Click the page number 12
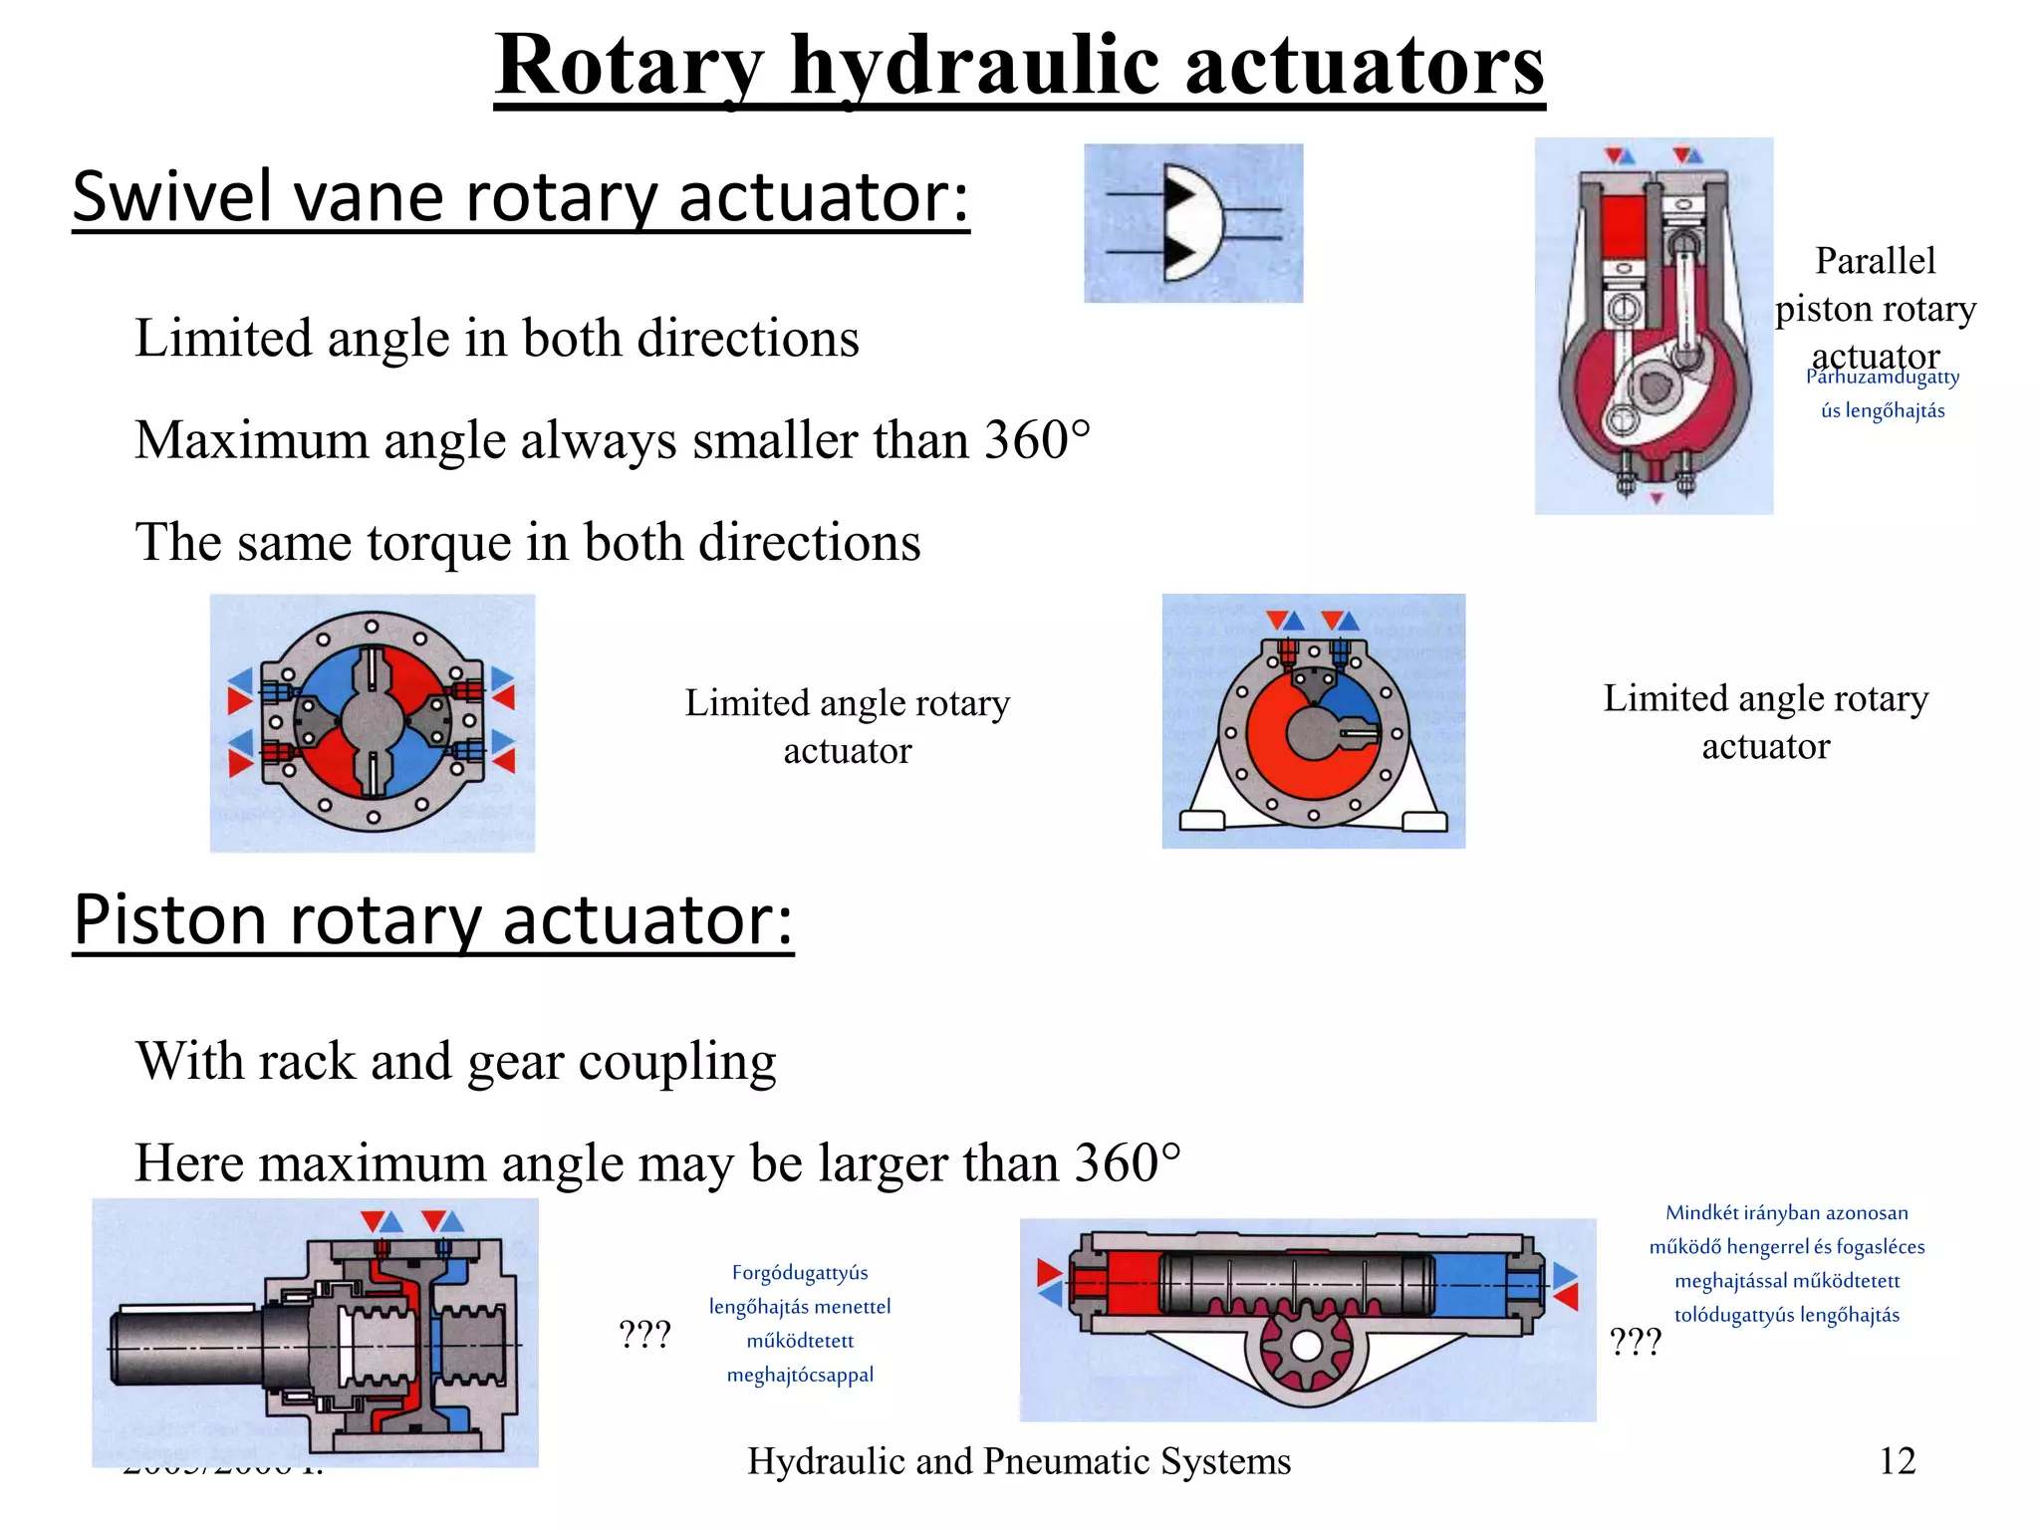(1897, 1461)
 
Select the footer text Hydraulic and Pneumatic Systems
(1019, 1461)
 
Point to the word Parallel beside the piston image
(1875, 261)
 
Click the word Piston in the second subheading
(170, 918)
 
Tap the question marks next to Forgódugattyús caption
(644, 1334)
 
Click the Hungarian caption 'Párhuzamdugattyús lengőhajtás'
(1882, 393)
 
